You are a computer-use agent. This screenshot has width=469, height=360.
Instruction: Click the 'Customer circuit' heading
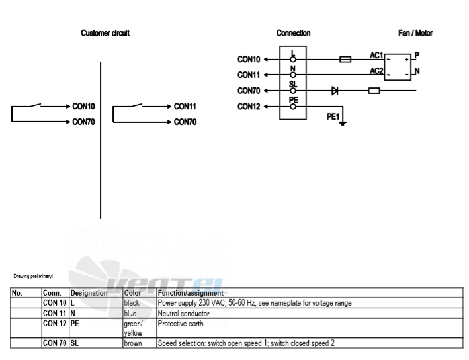click(105, 33)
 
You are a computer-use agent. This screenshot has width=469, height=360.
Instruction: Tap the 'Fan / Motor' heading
click(415, 33)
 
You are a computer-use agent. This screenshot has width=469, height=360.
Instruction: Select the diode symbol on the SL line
click(335, 91)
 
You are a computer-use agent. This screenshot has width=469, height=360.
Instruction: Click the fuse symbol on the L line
click(345, 60)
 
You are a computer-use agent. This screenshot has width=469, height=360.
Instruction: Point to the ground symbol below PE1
click(343, 123)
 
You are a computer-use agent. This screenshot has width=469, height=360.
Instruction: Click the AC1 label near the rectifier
click(376, 56)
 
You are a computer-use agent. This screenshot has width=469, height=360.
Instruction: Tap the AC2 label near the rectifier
click(376, 71)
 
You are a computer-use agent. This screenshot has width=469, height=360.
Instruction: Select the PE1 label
click(333, 116)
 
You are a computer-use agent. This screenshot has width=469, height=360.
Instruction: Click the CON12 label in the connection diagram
click(249, 107)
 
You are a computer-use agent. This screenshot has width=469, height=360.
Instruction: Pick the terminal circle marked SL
click(293, 91)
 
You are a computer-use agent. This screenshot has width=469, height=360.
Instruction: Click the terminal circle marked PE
click(293, 107)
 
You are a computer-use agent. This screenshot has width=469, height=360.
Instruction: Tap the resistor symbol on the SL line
click(374, 91)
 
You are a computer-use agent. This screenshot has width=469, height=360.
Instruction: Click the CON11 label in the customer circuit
click(185, 107)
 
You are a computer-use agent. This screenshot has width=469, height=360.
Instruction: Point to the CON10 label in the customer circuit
click(83, 107)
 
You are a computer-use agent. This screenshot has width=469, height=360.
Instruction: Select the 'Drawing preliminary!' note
click(33, 276)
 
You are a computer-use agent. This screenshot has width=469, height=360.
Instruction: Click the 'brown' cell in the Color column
click(133, 343)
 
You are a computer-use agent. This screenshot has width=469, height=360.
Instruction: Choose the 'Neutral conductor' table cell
click(183, 314)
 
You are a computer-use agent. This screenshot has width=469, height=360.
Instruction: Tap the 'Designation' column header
click(89, 293)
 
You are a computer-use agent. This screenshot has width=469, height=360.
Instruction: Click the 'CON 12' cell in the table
click(54, 324)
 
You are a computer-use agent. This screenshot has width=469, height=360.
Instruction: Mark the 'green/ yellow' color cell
click(134, 328)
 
